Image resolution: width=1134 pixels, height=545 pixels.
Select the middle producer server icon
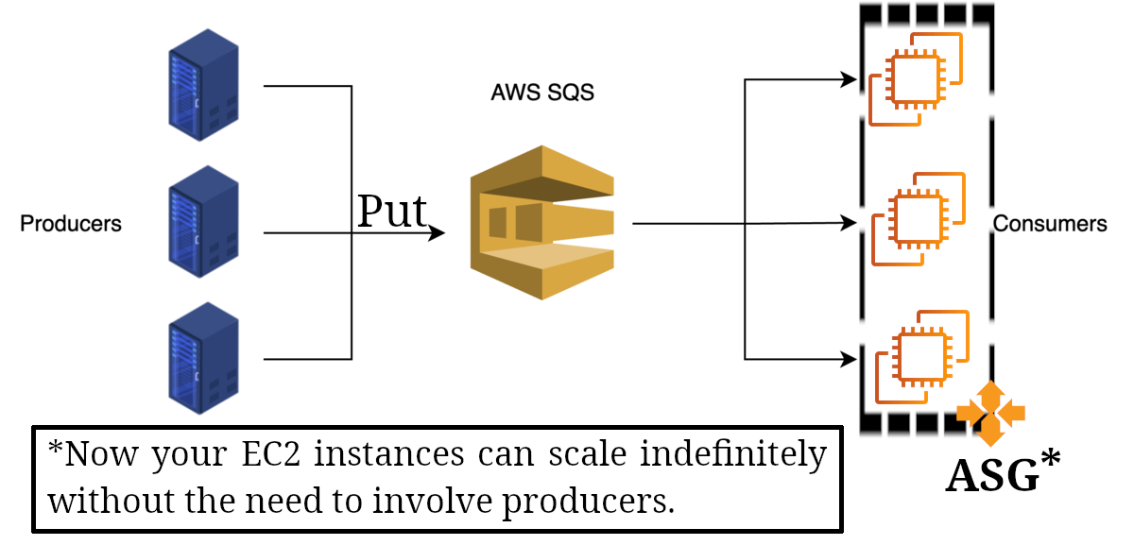pos(203,222)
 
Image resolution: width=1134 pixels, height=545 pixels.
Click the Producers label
pos(71,224)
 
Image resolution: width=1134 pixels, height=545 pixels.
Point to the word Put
pos(392,212)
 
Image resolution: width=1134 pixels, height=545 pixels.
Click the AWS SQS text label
pos(542,94)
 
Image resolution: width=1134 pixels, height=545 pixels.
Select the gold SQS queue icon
pos(542,223)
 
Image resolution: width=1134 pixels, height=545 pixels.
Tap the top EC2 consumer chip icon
pos(915,78)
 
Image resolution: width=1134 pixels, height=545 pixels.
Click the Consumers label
pos(1050,224)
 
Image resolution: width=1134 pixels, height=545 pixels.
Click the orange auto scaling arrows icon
pos(990,414)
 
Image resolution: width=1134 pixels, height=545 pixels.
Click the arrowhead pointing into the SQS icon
pos(438,232)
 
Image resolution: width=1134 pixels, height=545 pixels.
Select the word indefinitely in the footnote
pos(732,454)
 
